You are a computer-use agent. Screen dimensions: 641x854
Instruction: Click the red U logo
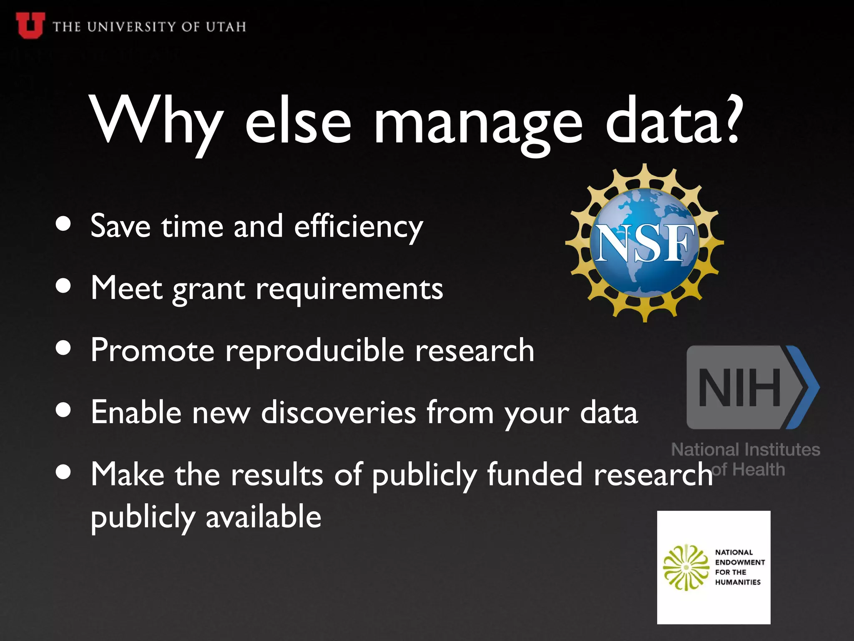pyautogui.click(x=30, y=25)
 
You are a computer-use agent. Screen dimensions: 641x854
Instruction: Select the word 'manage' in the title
pyautogui.click(x=477, y=123)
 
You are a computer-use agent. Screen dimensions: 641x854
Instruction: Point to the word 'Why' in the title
pyautogui.click(x=156, y=121)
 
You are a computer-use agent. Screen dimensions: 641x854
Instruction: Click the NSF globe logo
pyautogui.click(x=645, y=243)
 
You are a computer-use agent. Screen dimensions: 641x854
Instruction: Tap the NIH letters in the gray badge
pyautogui.click(x=739, y=387)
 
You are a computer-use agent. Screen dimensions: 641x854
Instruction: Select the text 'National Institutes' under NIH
pyautogui.click(x=746, y=449)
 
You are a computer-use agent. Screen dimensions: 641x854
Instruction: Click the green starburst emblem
pyautogui.click(x=686, y=567)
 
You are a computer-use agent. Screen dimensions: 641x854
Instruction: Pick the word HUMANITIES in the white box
pyautogui.click(x=738, y=582)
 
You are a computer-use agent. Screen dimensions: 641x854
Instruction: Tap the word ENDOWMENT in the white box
pyautogui.click(x=740, y=562)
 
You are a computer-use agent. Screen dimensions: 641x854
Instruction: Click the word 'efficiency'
pyautogui.click(x=359, y=227)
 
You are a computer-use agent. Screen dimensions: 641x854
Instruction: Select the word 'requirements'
pyautogui.click(x=349, y=289)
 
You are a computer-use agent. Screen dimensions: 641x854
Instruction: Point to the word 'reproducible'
pyautogui.click(x=315, y=351)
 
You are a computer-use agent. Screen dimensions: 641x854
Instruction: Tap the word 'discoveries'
pyautogui.click(x=339, y=412)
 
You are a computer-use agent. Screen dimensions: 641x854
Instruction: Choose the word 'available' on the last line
pyautogui.click(x=264, y=517)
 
